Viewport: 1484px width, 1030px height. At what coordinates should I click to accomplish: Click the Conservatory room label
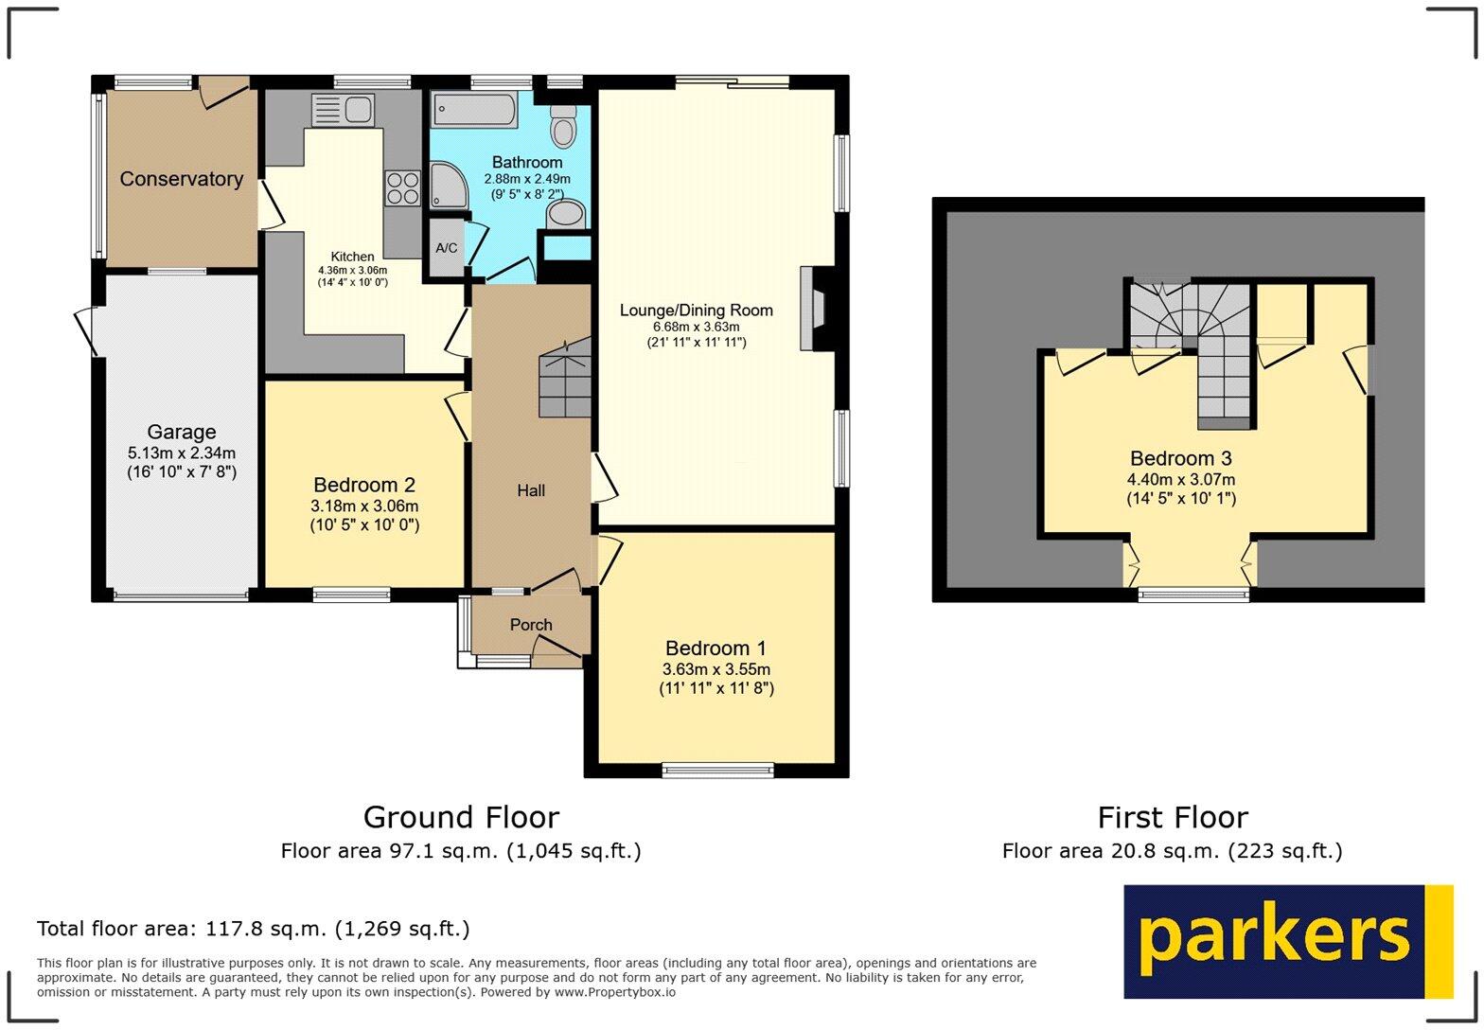click(x=181, y=179)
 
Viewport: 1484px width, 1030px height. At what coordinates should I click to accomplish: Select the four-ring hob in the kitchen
click(x=402, y=187)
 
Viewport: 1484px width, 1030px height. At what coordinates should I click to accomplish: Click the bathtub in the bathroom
click(x=474, y=110)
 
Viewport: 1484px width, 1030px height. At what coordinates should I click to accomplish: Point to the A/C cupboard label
click(x=446, y=248)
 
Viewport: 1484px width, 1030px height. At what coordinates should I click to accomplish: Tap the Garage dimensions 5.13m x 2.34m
click(x=181, y=453)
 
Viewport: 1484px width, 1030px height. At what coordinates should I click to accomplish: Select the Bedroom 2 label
click(x=364, y=485)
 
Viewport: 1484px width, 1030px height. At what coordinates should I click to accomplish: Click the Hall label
click(x=531, y=490)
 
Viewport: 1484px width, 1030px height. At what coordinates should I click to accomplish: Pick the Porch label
click(x=531, y=625)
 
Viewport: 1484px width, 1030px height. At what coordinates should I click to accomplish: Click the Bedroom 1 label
click(x=715, y=648)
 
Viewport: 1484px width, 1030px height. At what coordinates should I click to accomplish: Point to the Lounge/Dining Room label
click(x=696, y=311)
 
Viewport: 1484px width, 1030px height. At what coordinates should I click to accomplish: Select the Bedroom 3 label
click(x=1180, y=458)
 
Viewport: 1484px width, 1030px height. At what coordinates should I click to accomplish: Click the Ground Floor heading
click(x=461, y=817)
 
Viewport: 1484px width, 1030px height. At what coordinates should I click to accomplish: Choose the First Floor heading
click(x=1172, y=817)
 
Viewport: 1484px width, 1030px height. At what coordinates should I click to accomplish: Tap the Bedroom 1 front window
click(x=718, y=770)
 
